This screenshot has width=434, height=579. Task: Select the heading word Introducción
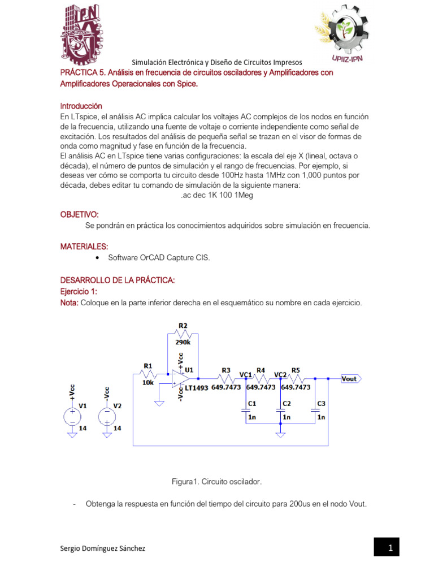click(x=81, y=106)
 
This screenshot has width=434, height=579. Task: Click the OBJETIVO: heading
click(x=79, y=215)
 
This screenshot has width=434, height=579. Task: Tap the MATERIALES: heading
click(x=84, y=247)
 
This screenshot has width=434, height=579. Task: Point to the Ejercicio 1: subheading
click(x=79, y=291)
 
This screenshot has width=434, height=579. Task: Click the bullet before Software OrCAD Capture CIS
click(x=98, y=258)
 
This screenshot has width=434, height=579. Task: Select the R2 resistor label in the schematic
click(x=183, y=326)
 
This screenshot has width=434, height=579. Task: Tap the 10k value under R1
click(x=147, y=382)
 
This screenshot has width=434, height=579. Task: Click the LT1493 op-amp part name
click(x=197, y=388)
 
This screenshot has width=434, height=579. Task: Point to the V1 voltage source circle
click(x=72, y=416)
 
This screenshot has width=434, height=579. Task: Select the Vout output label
click(x=350, y=378)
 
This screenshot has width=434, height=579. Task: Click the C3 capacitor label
click(x=321, y=403)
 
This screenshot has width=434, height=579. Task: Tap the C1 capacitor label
click(x=252, y=403)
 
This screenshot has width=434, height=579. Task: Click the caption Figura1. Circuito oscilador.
click(x=216, y=482)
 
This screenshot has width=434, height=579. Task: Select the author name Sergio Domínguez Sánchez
click(x=102, y=548)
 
